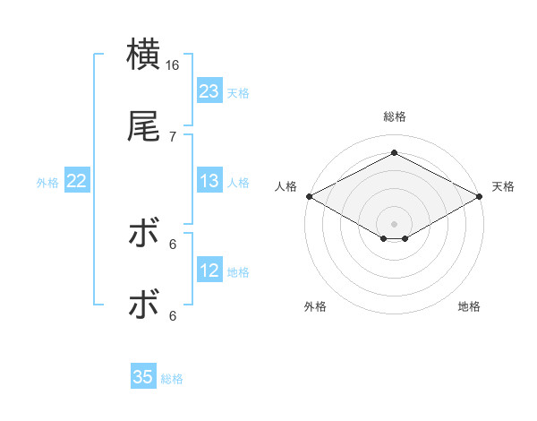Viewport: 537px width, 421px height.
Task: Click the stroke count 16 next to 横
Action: (x=173, y=65)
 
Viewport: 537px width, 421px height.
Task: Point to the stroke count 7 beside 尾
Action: (x=173, y=136)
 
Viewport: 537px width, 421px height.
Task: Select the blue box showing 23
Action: (x=209, y=91)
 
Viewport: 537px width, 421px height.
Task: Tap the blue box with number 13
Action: (x=209, y=181)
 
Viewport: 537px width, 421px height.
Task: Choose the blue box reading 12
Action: (x=209, y=271)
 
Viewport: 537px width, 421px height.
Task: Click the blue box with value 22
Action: (x=76, y=181)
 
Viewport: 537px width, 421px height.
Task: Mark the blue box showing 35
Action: (x=143, y=377)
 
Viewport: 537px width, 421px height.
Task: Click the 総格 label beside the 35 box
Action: (x=172, y=379)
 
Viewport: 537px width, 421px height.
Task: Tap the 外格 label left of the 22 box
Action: (x=47, y=183)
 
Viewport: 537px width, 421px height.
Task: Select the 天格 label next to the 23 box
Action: (x=238, y=93)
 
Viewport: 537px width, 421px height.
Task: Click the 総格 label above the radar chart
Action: (x=395, y=116)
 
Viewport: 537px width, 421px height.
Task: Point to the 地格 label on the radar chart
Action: (x=469, y=306)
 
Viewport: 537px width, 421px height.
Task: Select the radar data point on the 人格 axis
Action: (x=309, y=196)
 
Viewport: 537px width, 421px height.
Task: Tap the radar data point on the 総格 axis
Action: (x=395, y=153)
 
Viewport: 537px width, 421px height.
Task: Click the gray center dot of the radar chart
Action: (x=395, y=222)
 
